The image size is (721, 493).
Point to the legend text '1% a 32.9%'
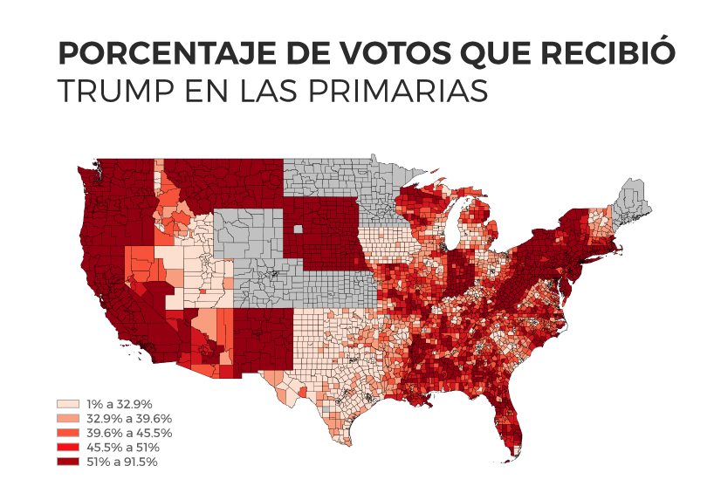[x=119, y=404]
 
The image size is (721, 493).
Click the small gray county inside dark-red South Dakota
[x=299, y=229]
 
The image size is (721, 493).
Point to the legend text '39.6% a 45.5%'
[x=128, y=433]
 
